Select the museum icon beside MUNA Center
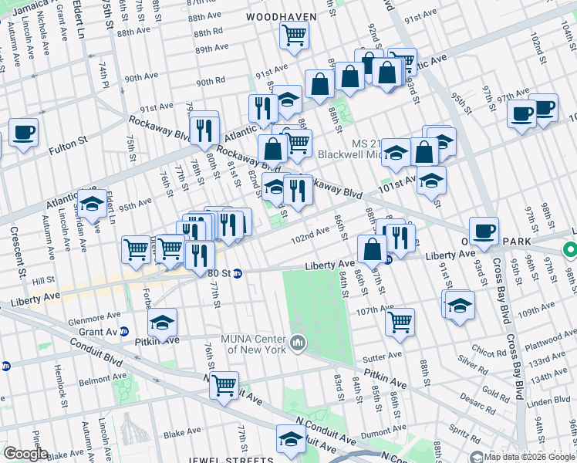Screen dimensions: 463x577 299,341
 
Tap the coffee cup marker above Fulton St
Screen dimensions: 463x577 22,132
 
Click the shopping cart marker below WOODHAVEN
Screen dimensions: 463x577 294,35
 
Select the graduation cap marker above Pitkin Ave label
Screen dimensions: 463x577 162,323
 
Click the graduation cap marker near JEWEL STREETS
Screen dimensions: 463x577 290,441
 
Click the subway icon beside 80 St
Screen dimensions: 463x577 238,272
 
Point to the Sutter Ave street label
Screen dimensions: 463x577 384,356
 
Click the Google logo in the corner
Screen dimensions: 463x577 25,454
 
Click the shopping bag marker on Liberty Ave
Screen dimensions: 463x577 372,249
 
